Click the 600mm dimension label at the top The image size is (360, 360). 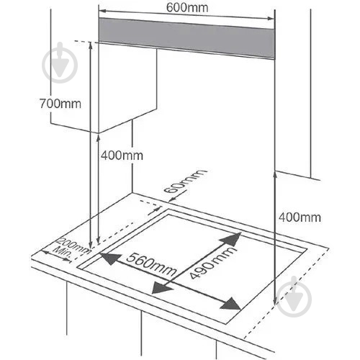187,8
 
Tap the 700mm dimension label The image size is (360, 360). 60,104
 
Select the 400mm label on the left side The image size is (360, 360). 122,156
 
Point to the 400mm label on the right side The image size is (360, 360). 300,217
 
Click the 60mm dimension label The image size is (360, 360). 185,181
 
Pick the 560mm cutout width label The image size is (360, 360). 151,265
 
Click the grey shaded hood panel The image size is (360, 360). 186,38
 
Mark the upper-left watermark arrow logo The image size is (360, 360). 60,63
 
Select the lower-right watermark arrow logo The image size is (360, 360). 294,297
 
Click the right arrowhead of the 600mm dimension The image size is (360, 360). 271,19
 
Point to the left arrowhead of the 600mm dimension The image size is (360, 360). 102,11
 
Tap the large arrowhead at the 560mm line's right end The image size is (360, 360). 230,304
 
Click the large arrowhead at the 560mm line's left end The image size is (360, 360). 110,258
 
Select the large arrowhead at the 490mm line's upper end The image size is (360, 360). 230,239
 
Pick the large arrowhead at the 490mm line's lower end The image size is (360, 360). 163,287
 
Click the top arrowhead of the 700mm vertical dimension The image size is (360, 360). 91,45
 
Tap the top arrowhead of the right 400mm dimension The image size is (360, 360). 275,175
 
